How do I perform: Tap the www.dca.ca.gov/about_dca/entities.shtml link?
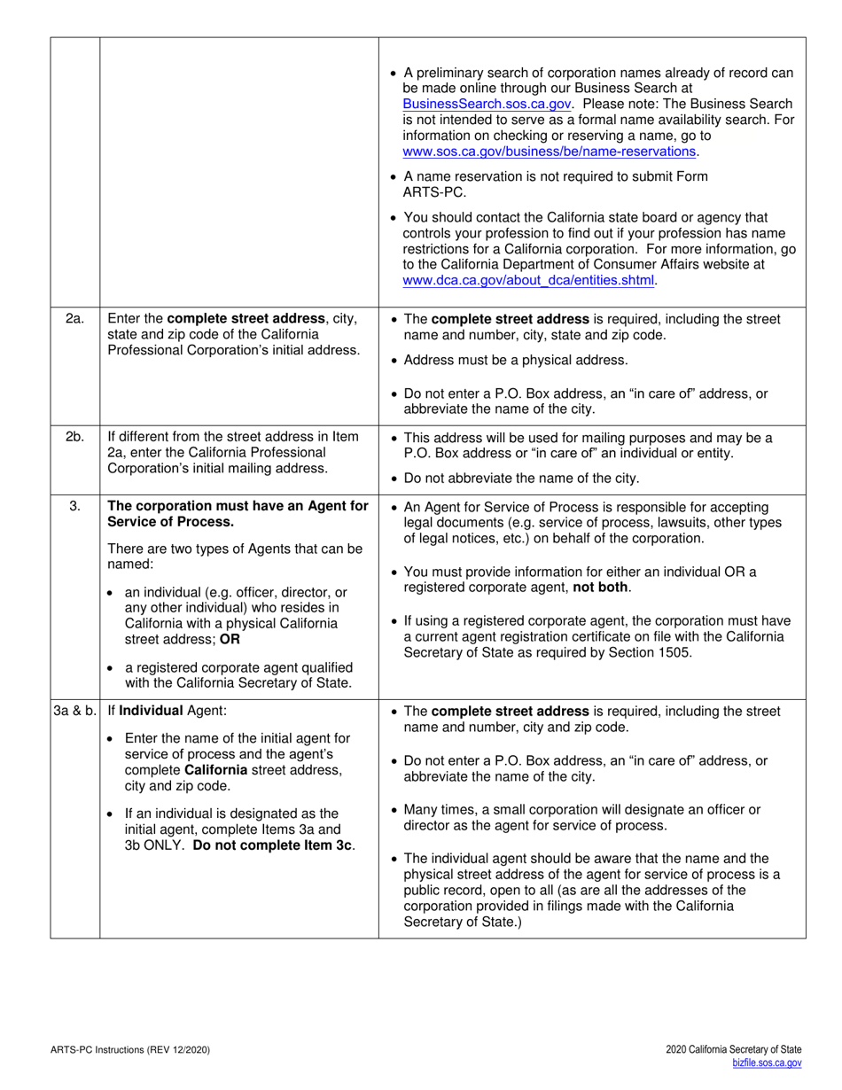529,280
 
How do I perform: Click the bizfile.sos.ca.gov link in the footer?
767,1063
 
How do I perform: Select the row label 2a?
75,319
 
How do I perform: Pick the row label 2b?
75,437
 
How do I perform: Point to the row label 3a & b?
75,712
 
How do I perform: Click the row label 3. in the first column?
75,506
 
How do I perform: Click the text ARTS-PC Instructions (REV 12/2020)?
130,1050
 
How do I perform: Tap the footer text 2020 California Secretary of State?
734,1050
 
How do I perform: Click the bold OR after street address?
230,639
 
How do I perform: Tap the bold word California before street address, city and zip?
215,770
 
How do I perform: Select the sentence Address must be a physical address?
515,360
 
